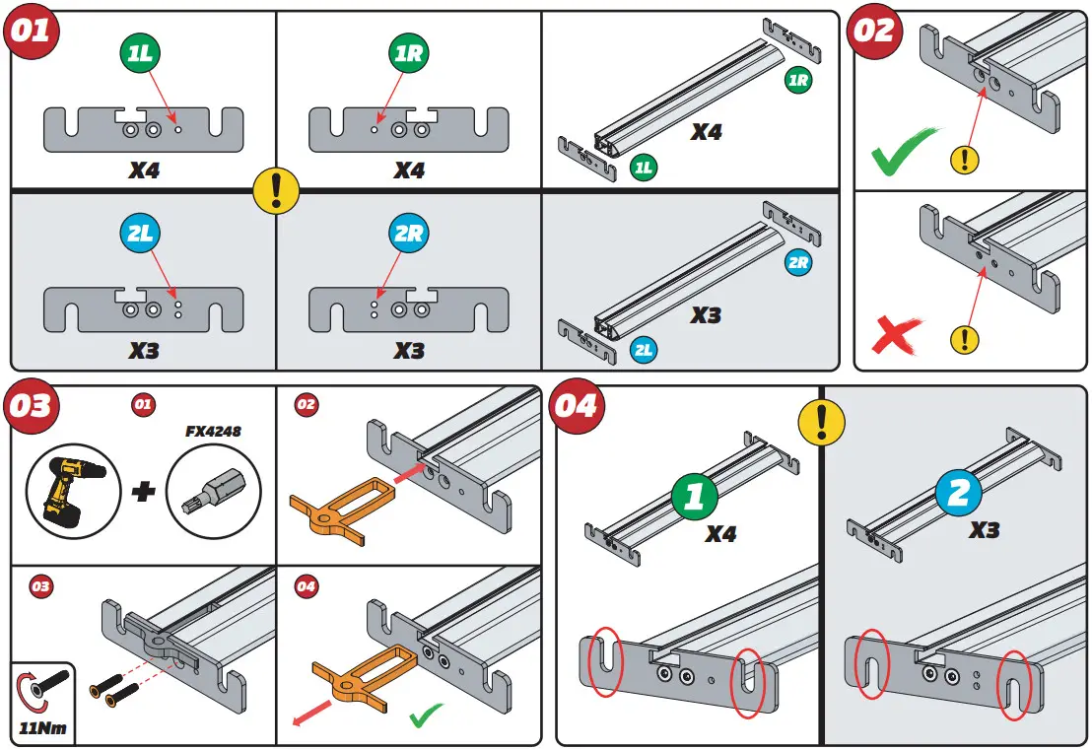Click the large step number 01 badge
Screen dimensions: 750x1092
(32, 31)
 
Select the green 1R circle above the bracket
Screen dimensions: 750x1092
(408, 53)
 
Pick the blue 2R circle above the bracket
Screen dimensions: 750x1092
(408, 234)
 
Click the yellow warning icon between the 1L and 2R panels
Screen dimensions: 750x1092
(276, 188)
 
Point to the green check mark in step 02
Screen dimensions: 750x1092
(905, 151)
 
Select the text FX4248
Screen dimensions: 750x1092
(214, 431)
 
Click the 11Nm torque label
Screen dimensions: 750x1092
(43, 730)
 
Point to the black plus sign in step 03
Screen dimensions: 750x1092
(144, 491)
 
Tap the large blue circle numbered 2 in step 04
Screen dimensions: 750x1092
(959, 492)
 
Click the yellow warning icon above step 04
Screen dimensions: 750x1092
(824, 423)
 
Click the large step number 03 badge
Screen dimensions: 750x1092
(32, 406)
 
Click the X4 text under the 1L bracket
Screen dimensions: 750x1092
(144, 170)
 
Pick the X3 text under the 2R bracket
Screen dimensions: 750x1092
(409, 350)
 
